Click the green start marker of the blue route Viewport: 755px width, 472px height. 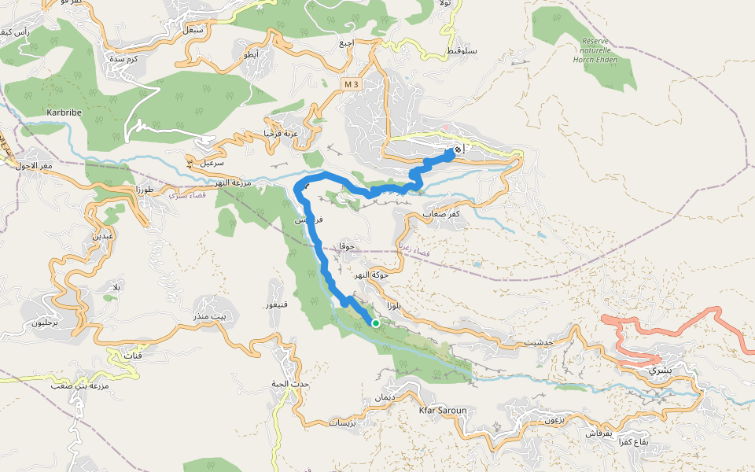coord(376,323)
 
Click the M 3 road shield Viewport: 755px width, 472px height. coord(351,83)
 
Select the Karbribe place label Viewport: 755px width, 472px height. coord(64,112)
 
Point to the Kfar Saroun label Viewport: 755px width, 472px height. coord(444,411)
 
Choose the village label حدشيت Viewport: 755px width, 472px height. coord(539,343)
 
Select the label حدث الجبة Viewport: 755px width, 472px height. coord(291,383)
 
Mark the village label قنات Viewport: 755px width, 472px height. coord(133,356)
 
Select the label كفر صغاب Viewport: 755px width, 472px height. coord(441,214)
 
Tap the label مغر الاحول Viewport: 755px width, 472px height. coord(34,164)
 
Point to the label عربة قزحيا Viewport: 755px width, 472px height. coord(280,134)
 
